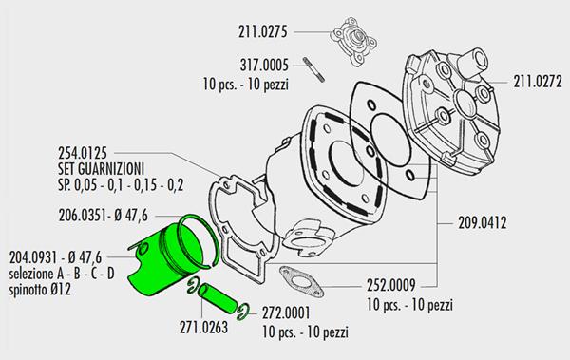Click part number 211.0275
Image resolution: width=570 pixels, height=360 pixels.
point(263,31)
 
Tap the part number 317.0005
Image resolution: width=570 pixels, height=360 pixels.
point(264,66)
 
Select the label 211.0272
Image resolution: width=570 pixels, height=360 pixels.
point(538,82)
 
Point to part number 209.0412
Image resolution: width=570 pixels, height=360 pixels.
point(482,223)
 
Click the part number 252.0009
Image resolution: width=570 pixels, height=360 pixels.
point(391,285)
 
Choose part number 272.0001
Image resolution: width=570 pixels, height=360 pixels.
point(287,313)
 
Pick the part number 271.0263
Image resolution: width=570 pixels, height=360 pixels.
point(204,328)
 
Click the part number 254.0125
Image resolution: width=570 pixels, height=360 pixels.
point(83,153)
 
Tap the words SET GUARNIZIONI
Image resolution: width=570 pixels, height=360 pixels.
point(102,169)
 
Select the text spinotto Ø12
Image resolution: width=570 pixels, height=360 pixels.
point(40,290)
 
